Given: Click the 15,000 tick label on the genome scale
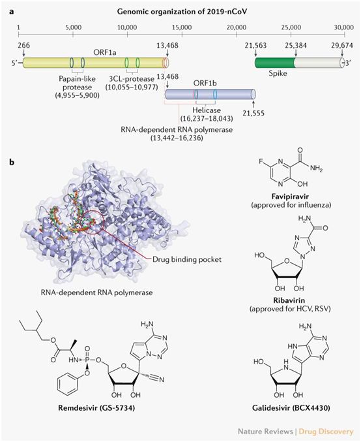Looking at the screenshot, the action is [182, 27].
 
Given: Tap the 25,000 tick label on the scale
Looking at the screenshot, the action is [291, 27].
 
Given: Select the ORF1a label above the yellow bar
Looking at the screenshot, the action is [105, 52].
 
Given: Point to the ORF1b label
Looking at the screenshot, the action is [205, 84].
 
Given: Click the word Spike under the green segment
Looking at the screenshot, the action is [278, 73].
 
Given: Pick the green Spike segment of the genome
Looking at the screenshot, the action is [275, 63].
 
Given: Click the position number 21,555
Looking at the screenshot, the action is [253, 113].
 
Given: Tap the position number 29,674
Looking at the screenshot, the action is [342, 46].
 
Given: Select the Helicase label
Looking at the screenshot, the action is [207, 110].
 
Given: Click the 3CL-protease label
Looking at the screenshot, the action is [132, 78].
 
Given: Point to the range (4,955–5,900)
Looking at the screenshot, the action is [78, 95].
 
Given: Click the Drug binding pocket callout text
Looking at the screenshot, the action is [187, 259].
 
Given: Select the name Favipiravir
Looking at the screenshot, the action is [291, 196].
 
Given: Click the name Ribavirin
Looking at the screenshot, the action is [290, 300].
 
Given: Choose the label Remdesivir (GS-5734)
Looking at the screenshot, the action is [96, 407].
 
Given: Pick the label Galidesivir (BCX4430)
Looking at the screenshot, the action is [291, 407].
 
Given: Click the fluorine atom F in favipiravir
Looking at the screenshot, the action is [261, 162].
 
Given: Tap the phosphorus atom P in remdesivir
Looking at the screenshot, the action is [87, 360].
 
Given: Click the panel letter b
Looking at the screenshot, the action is [12, 163].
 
